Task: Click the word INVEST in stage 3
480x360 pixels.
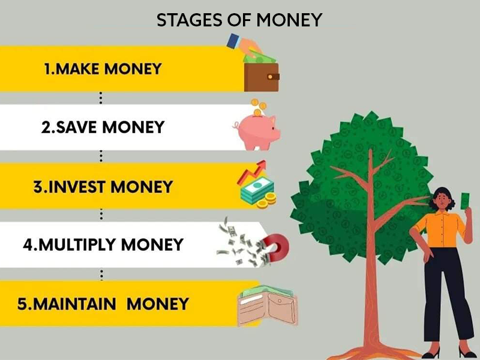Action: tap(77, 187)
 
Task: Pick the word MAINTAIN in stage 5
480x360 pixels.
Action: tap(74, 304)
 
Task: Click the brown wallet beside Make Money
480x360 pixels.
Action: tap(262, 77)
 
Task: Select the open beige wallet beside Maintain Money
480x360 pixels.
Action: tap(268, 308)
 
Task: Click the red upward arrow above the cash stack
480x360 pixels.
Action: tap(251, 172)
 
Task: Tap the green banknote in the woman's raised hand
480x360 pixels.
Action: tap(466, 201)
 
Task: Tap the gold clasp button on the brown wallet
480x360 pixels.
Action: tap(270, 77)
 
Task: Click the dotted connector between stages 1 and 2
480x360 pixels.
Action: tap(101, 98)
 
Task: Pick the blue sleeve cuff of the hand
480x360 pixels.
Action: tap(233, 41)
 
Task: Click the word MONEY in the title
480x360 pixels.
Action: tap(289, 20)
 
